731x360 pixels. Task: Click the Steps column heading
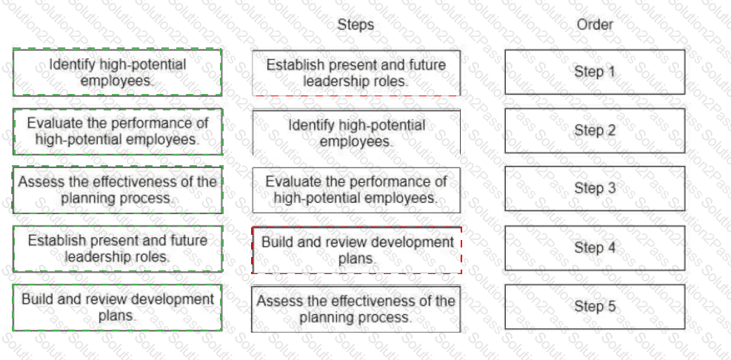356,24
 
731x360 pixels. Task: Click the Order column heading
595,24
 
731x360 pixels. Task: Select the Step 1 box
595,73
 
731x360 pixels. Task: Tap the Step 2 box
595,130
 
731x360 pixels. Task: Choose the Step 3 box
595,188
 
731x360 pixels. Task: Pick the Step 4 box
595,247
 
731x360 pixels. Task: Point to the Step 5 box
595,307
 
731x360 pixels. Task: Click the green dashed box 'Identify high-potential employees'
117,73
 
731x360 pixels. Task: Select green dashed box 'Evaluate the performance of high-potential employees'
117,132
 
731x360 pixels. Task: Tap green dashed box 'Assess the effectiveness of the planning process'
117,190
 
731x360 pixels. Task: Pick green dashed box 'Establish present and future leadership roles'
117,249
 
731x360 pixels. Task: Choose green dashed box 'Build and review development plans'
117,307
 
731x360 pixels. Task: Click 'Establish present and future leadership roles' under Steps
356,73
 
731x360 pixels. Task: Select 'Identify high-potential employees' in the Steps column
356,133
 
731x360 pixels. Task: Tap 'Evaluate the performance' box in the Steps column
356,190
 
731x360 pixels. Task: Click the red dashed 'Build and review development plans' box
357,250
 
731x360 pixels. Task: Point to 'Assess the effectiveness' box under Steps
356,309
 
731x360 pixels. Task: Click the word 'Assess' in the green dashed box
37,181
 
